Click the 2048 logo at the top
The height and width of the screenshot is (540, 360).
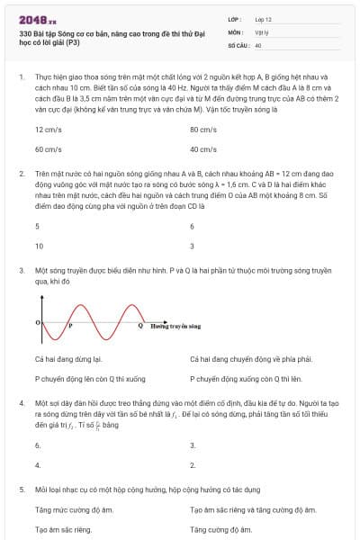click(x=37, y=18)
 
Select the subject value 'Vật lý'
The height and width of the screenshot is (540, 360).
click(x=261, y=31)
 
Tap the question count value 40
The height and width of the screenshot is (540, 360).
click(x=258, y=44)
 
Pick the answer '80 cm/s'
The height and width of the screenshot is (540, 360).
click(x=203, y=130)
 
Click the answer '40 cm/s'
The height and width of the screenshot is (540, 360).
click(x=203, y=149)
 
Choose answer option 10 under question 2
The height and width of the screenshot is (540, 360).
click(x=39, y=245)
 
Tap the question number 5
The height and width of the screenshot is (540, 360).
click(x=21, y=489)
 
